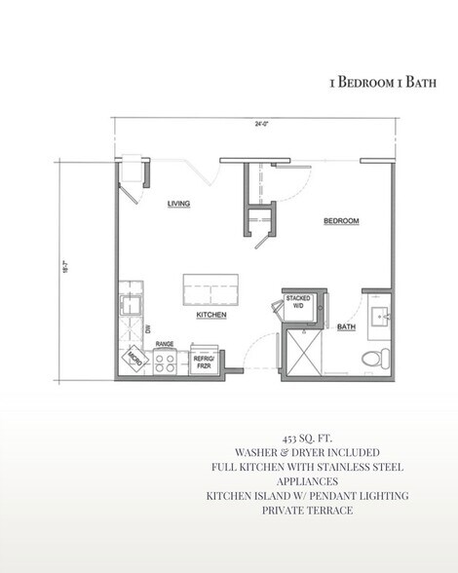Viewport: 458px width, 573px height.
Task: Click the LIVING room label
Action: pos(177,204)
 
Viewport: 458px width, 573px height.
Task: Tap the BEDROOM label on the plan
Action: pos(341,222)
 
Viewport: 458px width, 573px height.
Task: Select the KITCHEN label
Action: pos(211,317)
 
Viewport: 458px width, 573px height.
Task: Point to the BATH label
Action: pos(344,328)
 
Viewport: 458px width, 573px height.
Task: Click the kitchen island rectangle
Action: pos(211,289)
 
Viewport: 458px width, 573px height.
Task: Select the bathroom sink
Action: pos(380,317)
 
